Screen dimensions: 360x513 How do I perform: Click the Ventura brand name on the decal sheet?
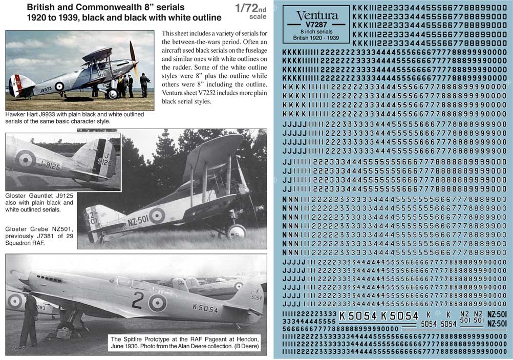[317, 15]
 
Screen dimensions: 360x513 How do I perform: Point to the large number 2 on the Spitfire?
[137, 300]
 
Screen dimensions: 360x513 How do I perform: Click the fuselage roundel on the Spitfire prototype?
[158, 303]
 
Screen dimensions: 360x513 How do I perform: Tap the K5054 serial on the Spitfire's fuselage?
[205, 309]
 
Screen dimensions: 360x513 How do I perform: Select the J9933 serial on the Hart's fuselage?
[46, 89]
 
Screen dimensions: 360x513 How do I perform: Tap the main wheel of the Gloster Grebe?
[237, 232]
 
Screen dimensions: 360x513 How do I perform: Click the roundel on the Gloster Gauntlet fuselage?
[25, 158]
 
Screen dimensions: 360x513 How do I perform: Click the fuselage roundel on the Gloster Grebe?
[157, 216]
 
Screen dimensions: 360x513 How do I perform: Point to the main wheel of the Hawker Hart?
[112, 94]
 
